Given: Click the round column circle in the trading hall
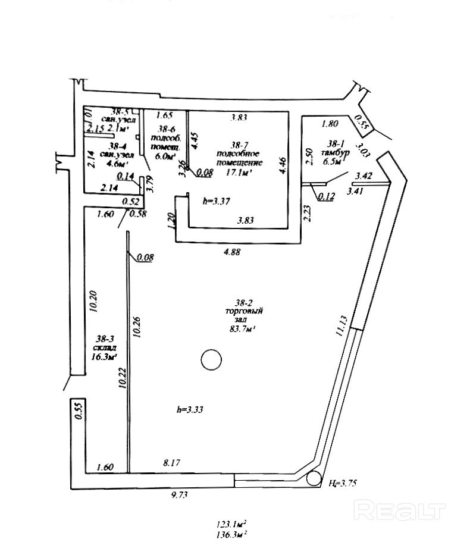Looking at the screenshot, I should (211, 359).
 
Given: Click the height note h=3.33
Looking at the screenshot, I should (190, 409).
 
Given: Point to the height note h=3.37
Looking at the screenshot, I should (216, 201).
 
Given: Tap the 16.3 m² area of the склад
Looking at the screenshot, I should (105, 357).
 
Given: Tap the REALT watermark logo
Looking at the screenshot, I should (399, 509).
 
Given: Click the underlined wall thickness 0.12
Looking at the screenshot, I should (325, 196).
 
